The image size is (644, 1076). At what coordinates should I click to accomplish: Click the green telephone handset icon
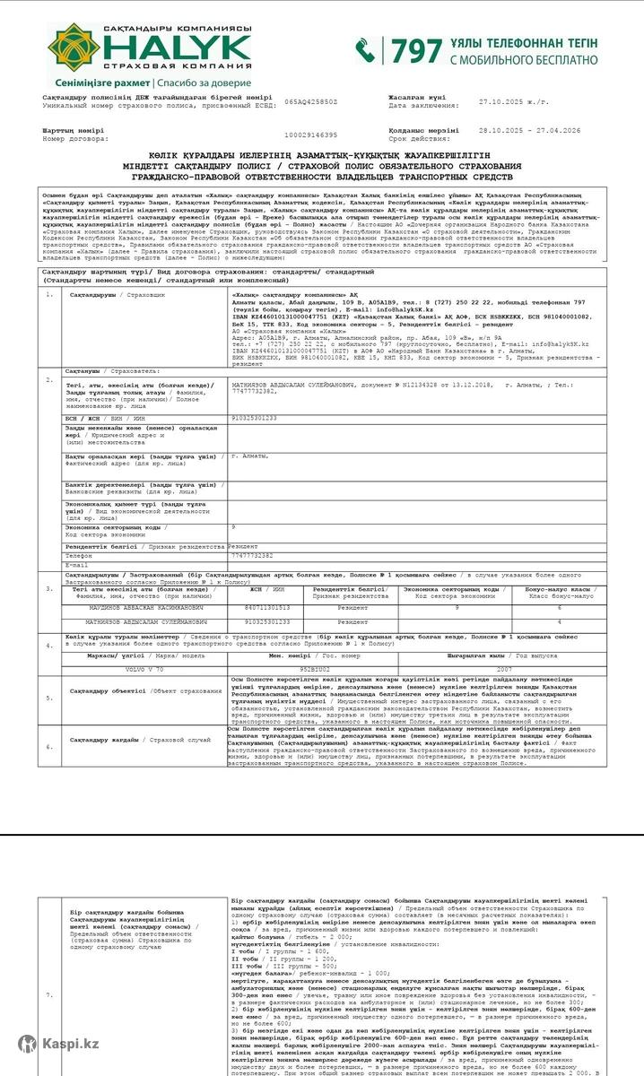click(x=365, y=50)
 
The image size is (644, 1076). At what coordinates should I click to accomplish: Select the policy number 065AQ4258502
click(x=311, y=101)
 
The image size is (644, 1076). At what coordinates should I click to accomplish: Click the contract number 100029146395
click(x=310, y=134)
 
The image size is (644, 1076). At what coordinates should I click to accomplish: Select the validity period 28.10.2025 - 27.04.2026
click(x=529, y=130)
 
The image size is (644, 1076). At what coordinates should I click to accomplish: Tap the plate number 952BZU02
click(x=314, y=669)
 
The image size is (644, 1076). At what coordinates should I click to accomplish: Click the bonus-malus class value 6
click(x=560, y=607)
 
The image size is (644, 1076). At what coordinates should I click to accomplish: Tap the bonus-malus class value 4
click(x=560, y=620)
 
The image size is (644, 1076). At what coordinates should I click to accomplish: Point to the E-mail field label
click(x=77, y=565)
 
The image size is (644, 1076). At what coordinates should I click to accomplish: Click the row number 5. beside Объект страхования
click(x=49, y=697)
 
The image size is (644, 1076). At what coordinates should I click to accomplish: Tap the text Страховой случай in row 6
click(x=180, y=740)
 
